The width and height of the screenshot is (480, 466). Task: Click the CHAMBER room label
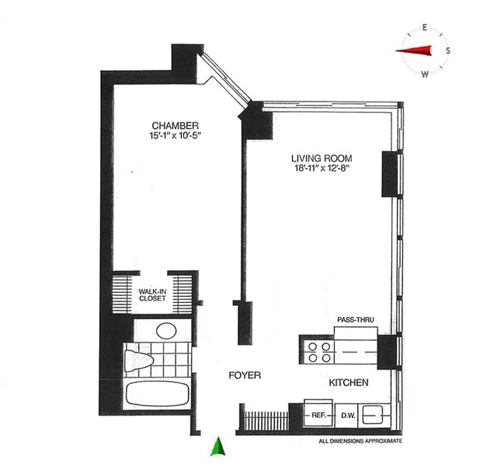175,125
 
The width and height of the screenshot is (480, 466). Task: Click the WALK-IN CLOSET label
152,295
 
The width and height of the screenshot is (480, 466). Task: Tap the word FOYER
245,376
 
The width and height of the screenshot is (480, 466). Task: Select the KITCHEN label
348,383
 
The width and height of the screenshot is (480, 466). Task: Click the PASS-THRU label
355,320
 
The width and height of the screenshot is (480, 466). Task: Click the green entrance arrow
217,446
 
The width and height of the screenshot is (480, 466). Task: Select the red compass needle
415,51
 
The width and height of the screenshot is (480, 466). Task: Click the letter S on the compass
447,50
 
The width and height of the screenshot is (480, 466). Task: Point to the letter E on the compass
425,27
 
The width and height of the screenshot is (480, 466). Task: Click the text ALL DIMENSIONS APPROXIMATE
361,442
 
